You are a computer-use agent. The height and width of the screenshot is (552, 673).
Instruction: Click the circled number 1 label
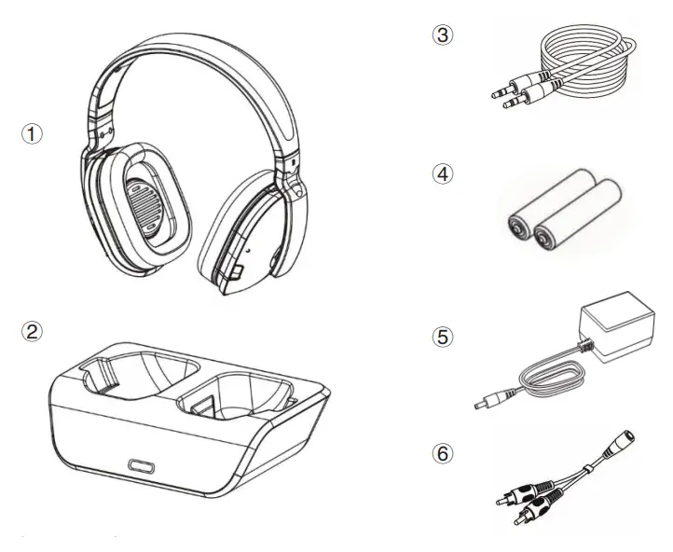tap(33, 134)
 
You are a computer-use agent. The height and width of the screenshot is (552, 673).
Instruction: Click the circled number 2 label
tap(33, 330)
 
